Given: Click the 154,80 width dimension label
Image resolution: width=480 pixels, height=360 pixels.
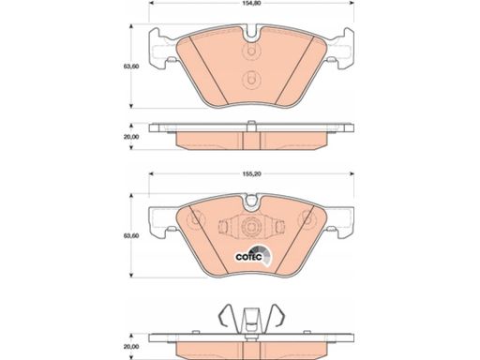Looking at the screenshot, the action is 251,4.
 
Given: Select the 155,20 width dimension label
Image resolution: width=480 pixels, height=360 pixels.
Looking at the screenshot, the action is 251,174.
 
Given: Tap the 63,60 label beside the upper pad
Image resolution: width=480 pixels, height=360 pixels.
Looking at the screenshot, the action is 131,67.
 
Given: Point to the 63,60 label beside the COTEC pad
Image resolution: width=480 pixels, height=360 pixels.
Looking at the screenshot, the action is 131,235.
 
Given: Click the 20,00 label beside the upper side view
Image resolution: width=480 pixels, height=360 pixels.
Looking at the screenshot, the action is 131,137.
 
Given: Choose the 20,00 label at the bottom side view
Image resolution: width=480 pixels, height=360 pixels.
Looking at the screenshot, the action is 131,347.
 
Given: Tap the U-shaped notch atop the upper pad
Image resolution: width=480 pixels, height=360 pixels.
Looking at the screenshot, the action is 251,35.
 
